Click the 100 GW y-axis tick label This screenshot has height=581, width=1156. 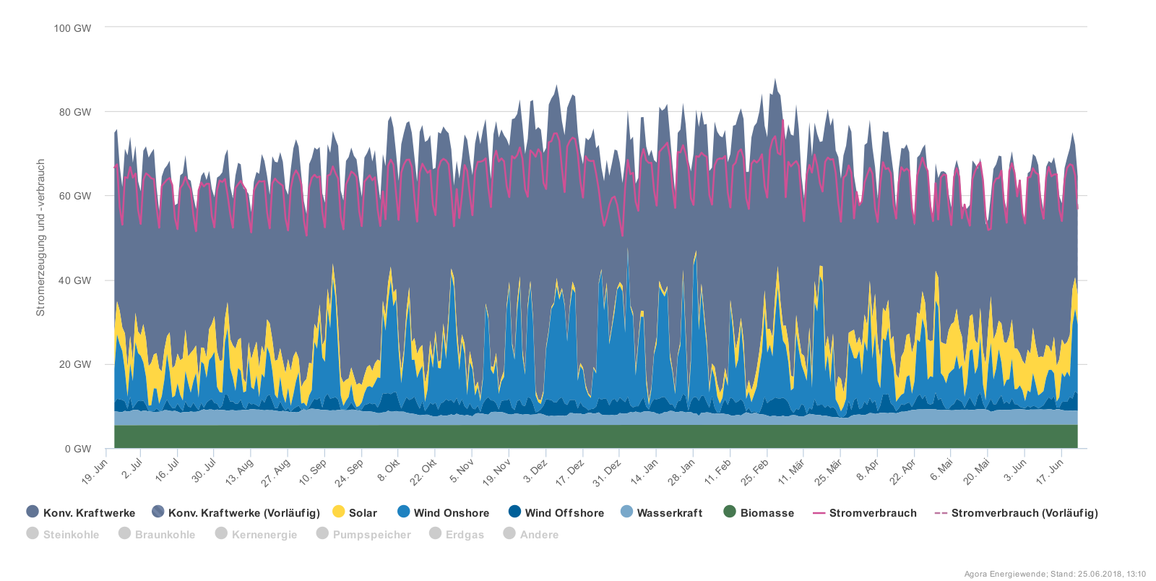pyautogui.click(x=72, y=28)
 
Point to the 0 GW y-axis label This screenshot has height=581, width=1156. pyautogui.click(x=78, y=449)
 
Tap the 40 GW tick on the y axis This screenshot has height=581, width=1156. pyautogui.click(x=75, y=280)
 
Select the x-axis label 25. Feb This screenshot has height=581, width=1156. pyautogui.click(x=755, y=471)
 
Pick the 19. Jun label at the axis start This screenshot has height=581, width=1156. pyautogui.click(x=95, y=471)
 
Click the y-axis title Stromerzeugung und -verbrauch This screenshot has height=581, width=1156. pyautogui.click(x=40, y=238)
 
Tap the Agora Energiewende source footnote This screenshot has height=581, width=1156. pyautogui.click(x=1055, y=574)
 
